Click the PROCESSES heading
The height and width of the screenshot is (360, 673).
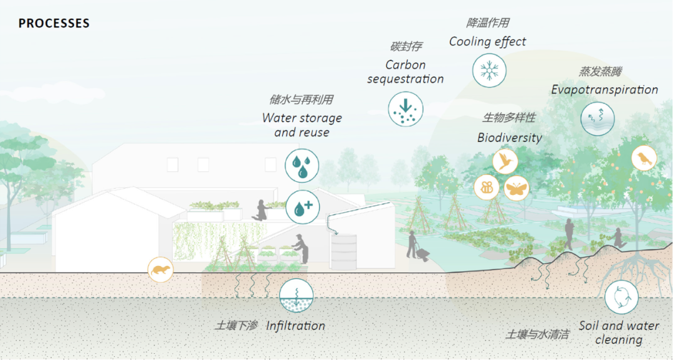pyautogui.click(x=54, y=24)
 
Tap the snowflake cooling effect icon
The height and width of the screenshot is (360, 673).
pyautogui.click(x=489, y=70)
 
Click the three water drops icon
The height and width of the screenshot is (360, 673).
pyautogui.click(x=302, y=164)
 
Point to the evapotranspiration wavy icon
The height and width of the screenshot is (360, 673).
pyautogui.click(x=598, y=118)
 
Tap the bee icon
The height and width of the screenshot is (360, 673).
pyautogui.click(x=487, y=187)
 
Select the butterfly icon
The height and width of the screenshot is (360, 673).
pyautogui.click(x=517, y=187)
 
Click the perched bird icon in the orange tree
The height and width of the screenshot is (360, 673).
pyautogui.click(x=644, y=159)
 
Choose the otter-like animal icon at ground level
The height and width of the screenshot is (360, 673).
pyautogui.click(x=160, y=270)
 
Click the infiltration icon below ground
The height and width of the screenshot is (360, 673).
pyautogui.click(x=295, y=295)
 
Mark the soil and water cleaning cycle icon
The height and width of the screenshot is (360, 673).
pyautogui.click(x=621, y=296)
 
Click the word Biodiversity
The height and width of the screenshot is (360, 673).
pyautogui.click(x=510, y=138)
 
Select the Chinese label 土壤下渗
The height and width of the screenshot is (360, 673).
pyautogui.click(x=236, y=326)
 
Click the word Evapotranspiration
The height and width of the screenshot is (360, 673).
pyautogui.click(x=604, y=90)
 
